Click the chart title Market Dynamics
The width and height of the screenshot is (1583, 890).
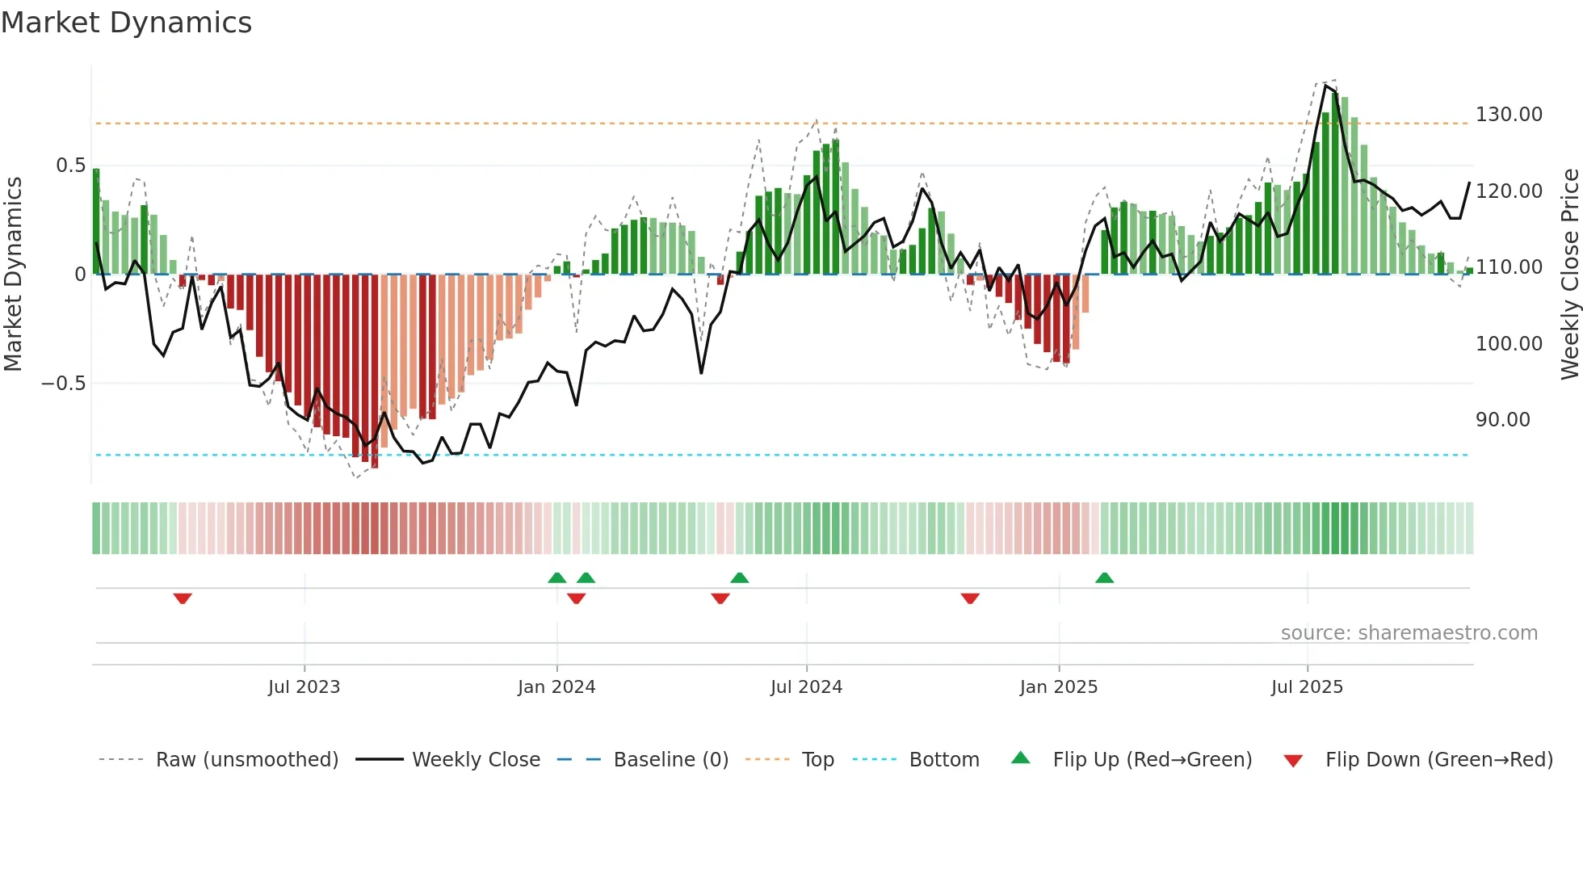[x=126, y=23]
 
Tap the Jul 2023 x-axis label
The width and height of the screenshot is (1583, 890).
[x=304, y=687]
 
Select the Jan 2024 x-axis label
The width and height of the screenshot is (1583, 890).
[x=556, y=687]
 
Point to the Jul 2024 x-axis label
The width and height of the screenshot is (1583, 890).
[x=806, y=687]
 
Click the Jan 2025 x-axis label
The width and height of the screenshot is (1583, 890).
[x=1058, y=687]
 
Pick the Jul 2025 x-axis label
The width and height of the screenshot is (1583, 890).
[x=1307, y=687]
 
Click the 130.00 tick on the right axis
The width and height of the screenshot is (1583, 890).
[x=1509, y=115]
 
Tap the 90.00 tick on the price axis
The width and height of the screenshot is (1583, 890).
[x=1502, y=420]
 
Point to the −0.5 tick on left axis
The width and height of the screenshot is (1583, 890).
[x=63, y=384]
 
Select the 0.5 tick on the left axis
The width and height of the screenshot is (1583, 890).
[x=70, y=166]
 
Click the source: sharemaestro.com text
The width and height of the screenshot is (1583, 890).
[x=1409, y=633]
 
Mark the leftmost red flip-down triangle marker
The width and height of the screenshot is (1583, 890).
[x=183, y=598]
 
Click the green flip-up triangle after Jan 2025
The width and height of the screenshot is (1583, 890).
[x=1104, y=577]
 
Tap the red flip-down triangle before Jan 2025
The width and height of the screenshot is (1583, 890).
[x=970, y=598]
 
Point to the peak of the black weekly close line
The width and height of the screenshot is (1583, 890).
[x=1326, y=85]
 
